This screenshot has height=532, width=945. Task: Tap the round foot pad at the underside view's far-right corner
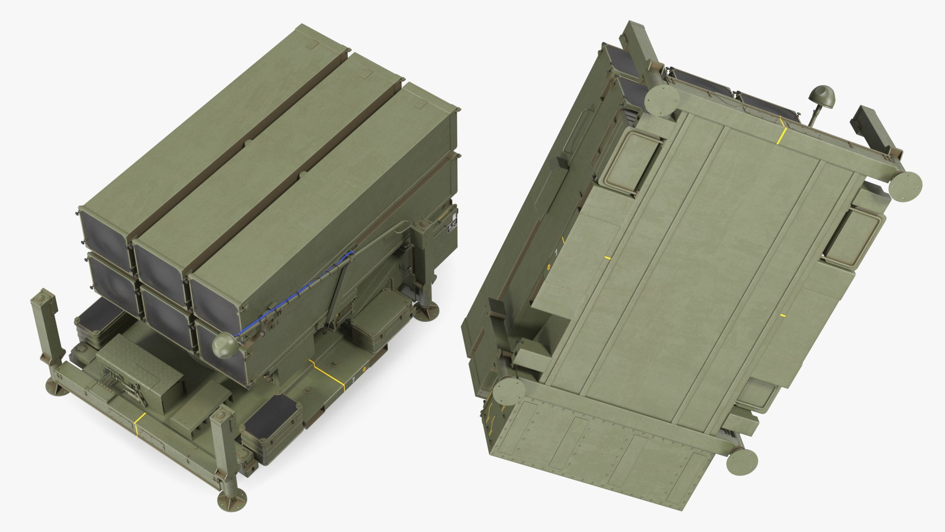tap(906, 187)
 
